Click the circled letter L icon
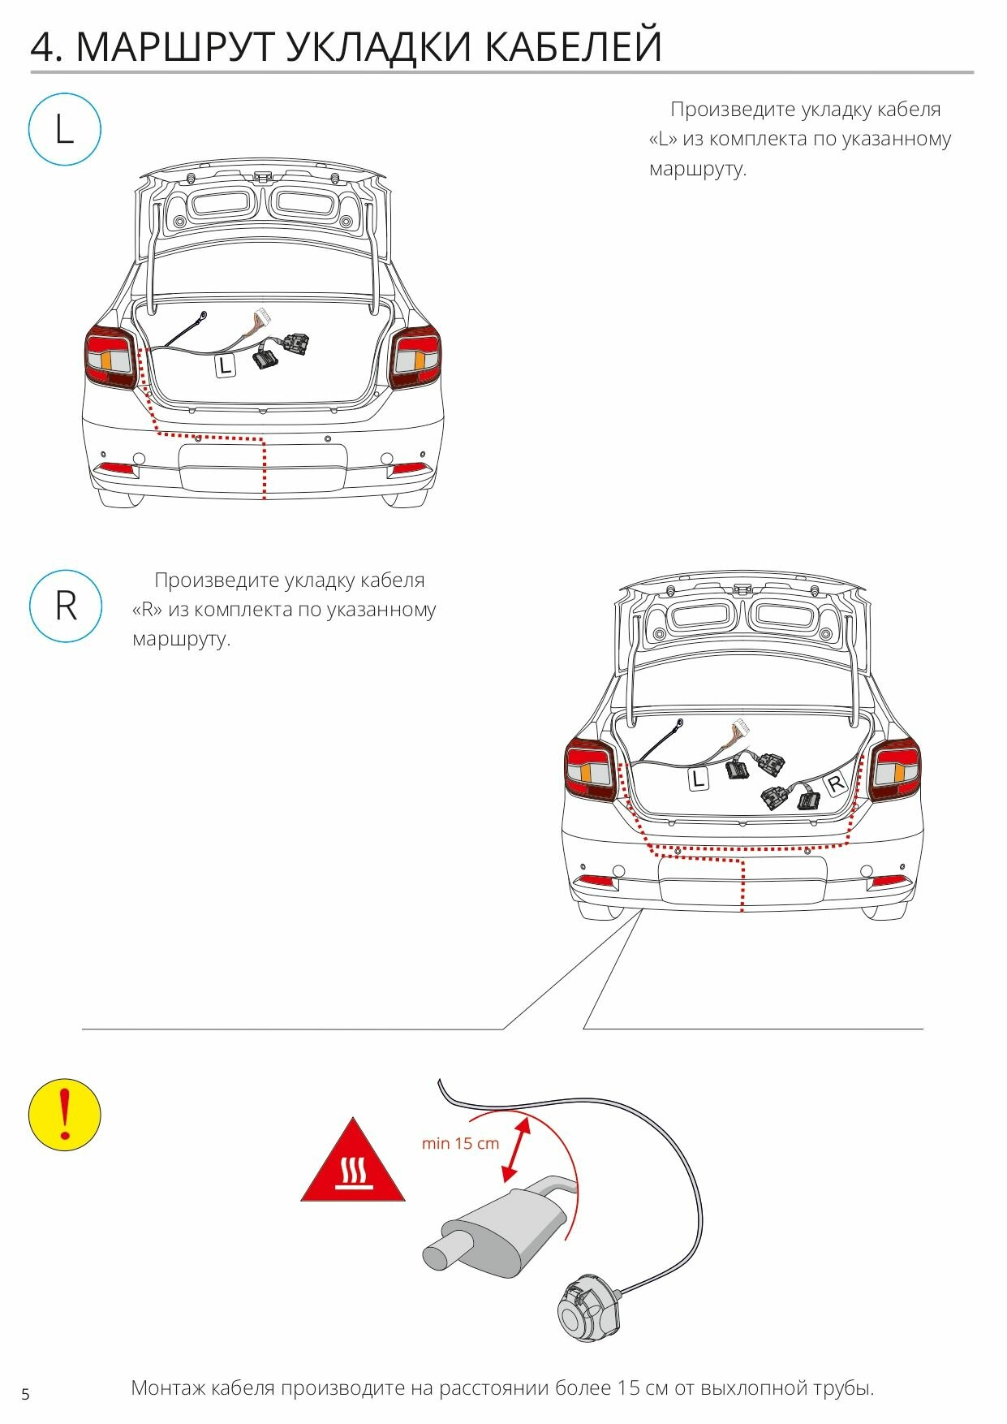[65, 130]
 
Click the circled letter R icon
[66, 606]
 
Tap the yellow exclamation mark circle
[65, 1114]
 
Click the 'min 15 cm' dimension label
[460, 1143]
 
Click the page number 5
[25, 1395]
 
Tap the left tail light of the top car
[110, 357]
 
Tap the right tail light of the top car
[416, 357]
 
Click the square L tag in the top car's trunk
[225, 365]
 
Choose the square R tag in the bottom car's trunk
[835, 783]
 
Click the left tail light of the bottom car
[589, 769]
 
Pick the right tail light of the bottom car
[895, 769]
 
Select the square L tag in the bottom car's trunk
[698, 779]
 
